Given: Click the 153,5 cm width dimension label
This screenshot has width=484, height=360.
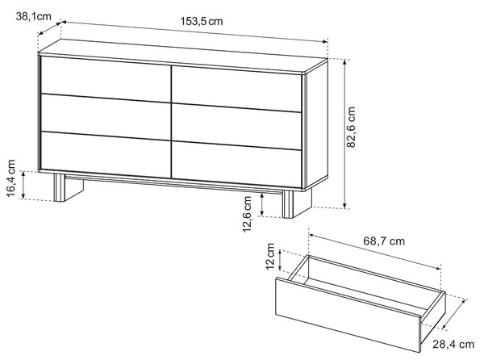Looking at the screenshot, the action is (x=201, y=21).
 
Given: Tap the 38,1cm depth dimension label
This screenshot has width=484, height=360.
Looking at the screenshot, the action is (x=34, y=16).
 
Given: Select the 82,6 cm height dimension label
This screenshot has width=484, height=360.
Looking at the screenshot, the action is (x=351, y=128).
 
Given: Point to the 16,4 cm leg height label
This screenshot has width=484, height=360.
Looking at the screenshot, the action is (x=10, y=178).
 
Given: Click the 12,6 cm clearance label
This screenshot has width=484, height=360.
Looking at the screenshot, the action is (x=247, y=214).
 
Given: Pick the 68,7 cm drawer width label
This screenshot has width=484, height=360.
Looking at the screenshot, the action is (x=384, y=241).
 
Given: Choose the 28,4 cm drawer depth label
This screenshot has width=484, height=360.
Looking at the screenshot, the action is (x=453, y=344).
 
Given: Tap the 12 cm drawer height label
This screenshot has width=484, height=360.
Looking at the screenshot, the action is (x=270, y=256).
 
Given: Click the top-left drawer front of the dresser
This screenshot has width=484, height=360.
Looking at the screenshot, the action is (x=106, y=79).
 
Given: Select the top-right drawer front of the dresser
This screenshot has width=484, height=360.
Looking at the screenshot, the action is (x=236, y=89).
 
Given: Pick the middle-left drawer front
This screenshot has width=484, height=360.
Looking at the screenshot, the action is (x=106, y=117).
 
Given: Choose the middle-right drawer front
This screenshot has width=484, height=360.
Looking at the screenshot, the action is (x=236, y=127).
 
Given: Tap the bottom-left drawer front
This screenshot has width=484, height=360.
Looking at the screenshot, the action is (x=106, y=155).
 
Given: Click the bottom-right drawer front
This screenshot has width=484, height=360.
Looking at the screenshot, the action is (x=236, y=165).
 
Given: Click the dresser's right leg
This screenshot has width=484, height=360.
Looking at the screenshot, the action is (x=297, y=203).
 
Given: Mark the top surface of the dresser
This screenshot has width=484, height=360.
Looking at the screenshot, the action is (x=183, y=57).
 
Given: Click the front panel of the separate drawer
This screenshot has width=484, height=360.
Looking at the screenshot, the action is (x=347, y=314).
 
